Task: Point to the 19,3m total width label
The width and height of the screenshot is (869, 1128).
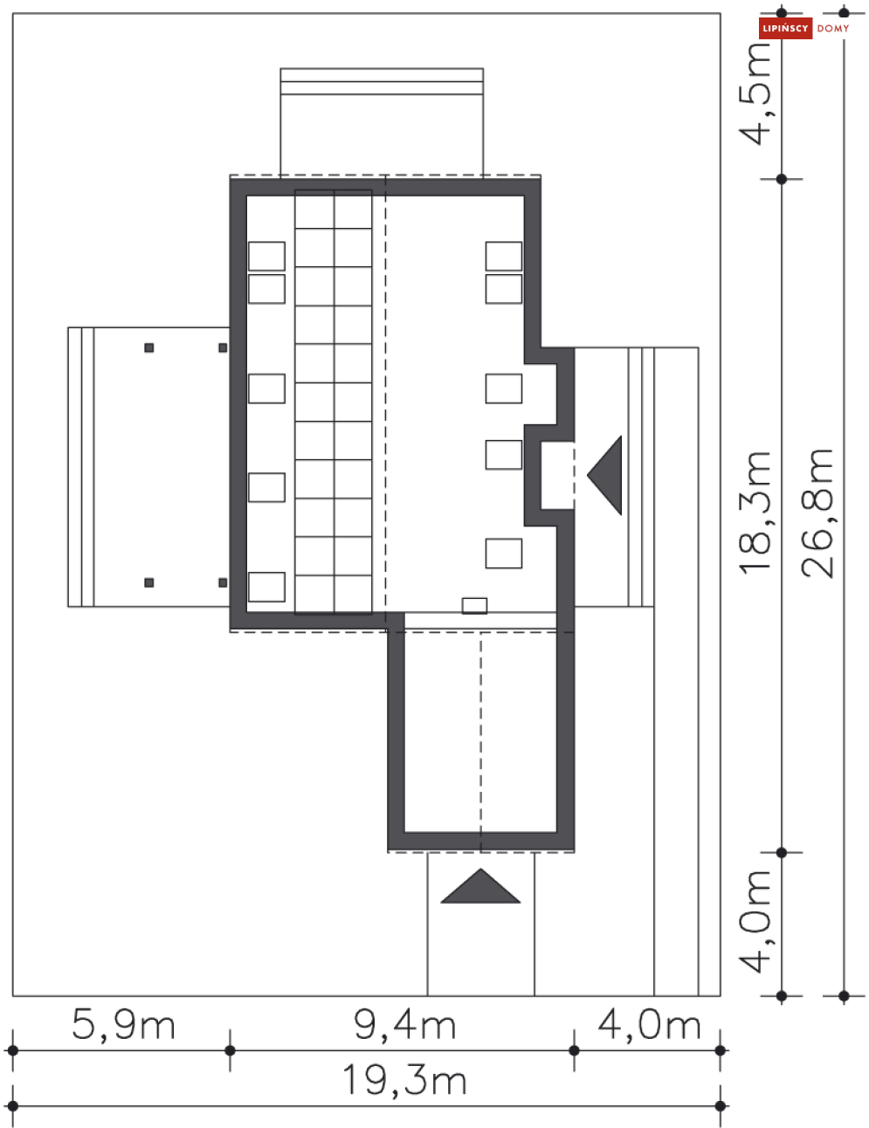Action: pyautogui.click(x=404, y=1080)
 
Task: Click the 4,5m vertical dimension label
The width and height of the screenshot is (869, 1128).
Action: pyautogui.click(x=756, y=93)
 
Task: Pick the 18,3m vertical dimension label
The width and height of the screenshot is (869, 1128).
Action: pyautogui.click(x=756, y=512)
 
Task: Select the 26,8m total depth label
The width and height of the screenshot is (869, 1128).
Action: pyautogui.click(x=817, y=512)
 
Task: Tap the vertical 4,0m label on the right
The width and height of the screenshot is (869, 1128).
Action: pyautogui.click(x=756, y=921)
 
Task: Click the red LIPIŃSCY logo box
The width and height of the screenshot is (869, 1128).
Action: pyautogui.click(x=785, y=29)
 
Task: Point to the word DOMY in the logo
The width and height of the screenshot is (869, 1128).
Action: pyautogui.click(x=833, y=29)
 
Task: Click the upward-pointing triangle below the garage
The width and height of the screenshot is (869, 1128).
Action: pyautogui.click(x=480, y=887)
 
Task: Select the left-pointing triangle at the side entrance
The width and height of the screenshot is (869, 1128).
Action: pyautogui.click(x=606, y=475)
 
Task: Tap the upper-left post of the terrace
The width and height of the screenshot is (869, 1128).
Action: pyautogui.click(x=149, y=348)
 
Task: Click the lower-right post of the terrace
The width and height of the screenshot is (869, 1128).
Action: pyautogui.click(x=223, y=582)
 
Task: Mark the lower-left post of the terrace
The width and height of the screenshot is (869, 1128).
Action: pyautogui.click(x=149, y=582)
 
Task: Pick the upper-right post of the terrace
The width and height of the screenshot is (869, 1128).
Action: pyautogui.click(x=223, y=348)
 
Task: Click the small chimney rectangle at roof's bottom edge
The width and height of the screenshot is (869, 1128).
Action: pyautogui.click(x=474, y=605)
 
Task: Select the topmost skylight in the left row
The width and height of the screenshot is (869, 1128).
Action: pyautogui.click(x=266, y=257)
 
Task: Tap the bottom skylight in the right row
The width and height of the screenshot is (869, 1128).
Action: pyautogui.click(x=504, y=554)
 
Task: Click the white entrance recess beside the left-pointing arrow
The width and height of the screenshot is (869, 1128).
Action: pyautogui.click(x=557, y=476)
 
